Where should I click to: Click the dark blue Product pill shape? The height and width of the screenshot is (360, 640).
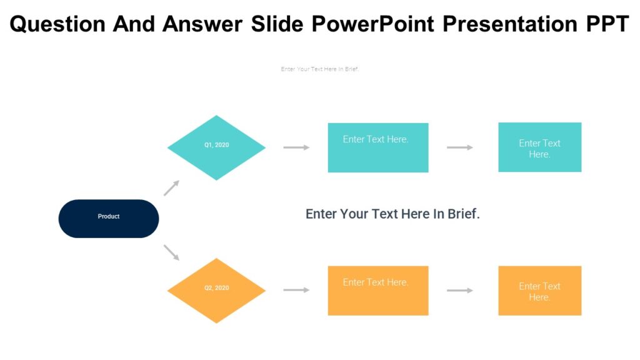point(109,219)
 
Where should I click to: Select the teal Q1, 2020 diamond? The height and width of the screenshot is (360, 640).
point(216,147)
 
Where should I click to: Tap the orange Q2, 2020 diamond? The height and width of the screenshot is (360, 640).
point(216,291)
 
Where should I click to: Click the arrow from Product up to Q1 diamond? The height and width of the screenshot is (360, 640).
point(172,188)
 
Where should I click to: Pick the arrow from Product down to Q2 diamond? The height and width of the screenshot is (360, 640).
point(172,252)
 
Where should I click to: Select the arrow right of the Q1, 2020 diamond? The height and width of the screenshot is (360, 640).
point(296,147)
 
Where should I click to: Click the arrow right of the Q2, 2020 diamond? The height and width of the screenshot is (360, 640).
point(296,290)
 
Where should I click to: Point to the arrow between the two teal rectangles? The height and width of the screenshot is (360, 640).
point(460,147)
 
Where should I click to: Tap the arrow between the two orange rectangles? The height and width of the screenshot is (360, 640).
point(460,291)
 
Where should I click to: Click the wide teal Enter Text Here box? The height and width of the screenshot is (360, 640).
point(378,147)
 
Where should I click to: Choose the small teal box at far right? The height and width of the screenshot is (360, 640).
point(539,147)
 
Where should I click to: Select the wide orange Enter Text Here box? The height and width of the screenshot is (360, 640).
point(378,291)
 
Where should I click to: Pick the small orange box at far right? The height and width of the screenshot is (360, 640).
point(539,291)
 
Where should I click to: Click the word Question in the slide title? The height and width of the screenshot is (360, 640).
point(57,24)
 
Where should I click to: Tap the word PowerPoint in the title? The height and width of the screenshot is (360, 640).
point(372,24)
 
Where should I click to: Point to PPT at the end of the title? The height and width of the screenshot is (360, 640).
point(607,24)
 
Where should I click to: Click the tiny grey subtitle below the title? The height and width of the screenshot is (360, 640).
point(320,69)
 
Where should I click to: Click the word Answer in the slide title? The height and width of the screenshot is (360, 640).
point(202,24)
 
